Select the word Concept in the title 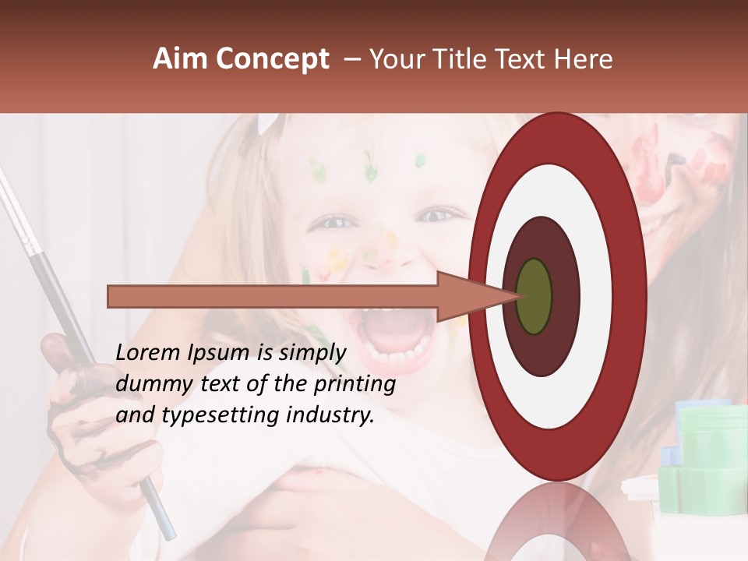[x=273, y=59]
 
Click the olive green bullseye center [x=534, y=296]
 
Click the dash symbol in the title [x=352, y=59]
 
